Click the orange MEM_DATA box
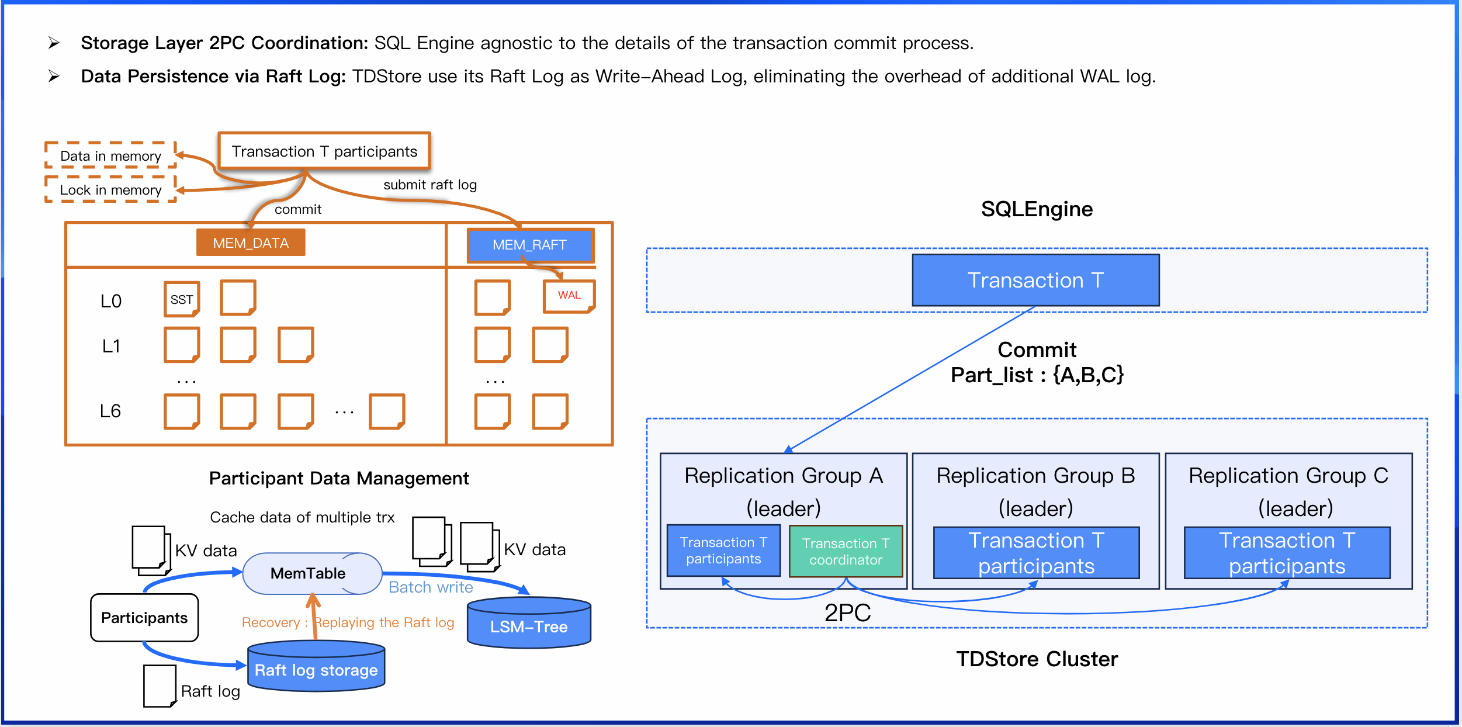coord(251,243)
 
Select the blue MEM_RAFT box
coord(530,245)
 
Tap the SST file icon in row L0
coord(182,299)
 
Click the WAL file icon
coord(569,296)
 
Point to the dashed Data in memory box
coord(110,155)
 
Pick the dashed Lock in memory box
coord(110,189)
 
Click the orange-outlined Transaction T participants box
coord(324,151)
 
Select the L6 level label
coord(110,411)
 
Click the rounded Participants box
coord(144,618)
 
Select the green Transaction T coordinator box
coord(846,552)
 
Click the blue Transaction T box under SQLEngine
coord(1035,280)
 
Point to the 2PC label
coord(847,612)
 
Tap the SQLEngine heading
coord(1037,209)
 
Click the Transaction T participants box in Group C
coord(1287,553)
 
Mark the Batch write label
coord(431,587)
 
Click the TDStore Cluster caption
coord(1037,659)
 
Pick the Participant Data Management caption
coord(339,478)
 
